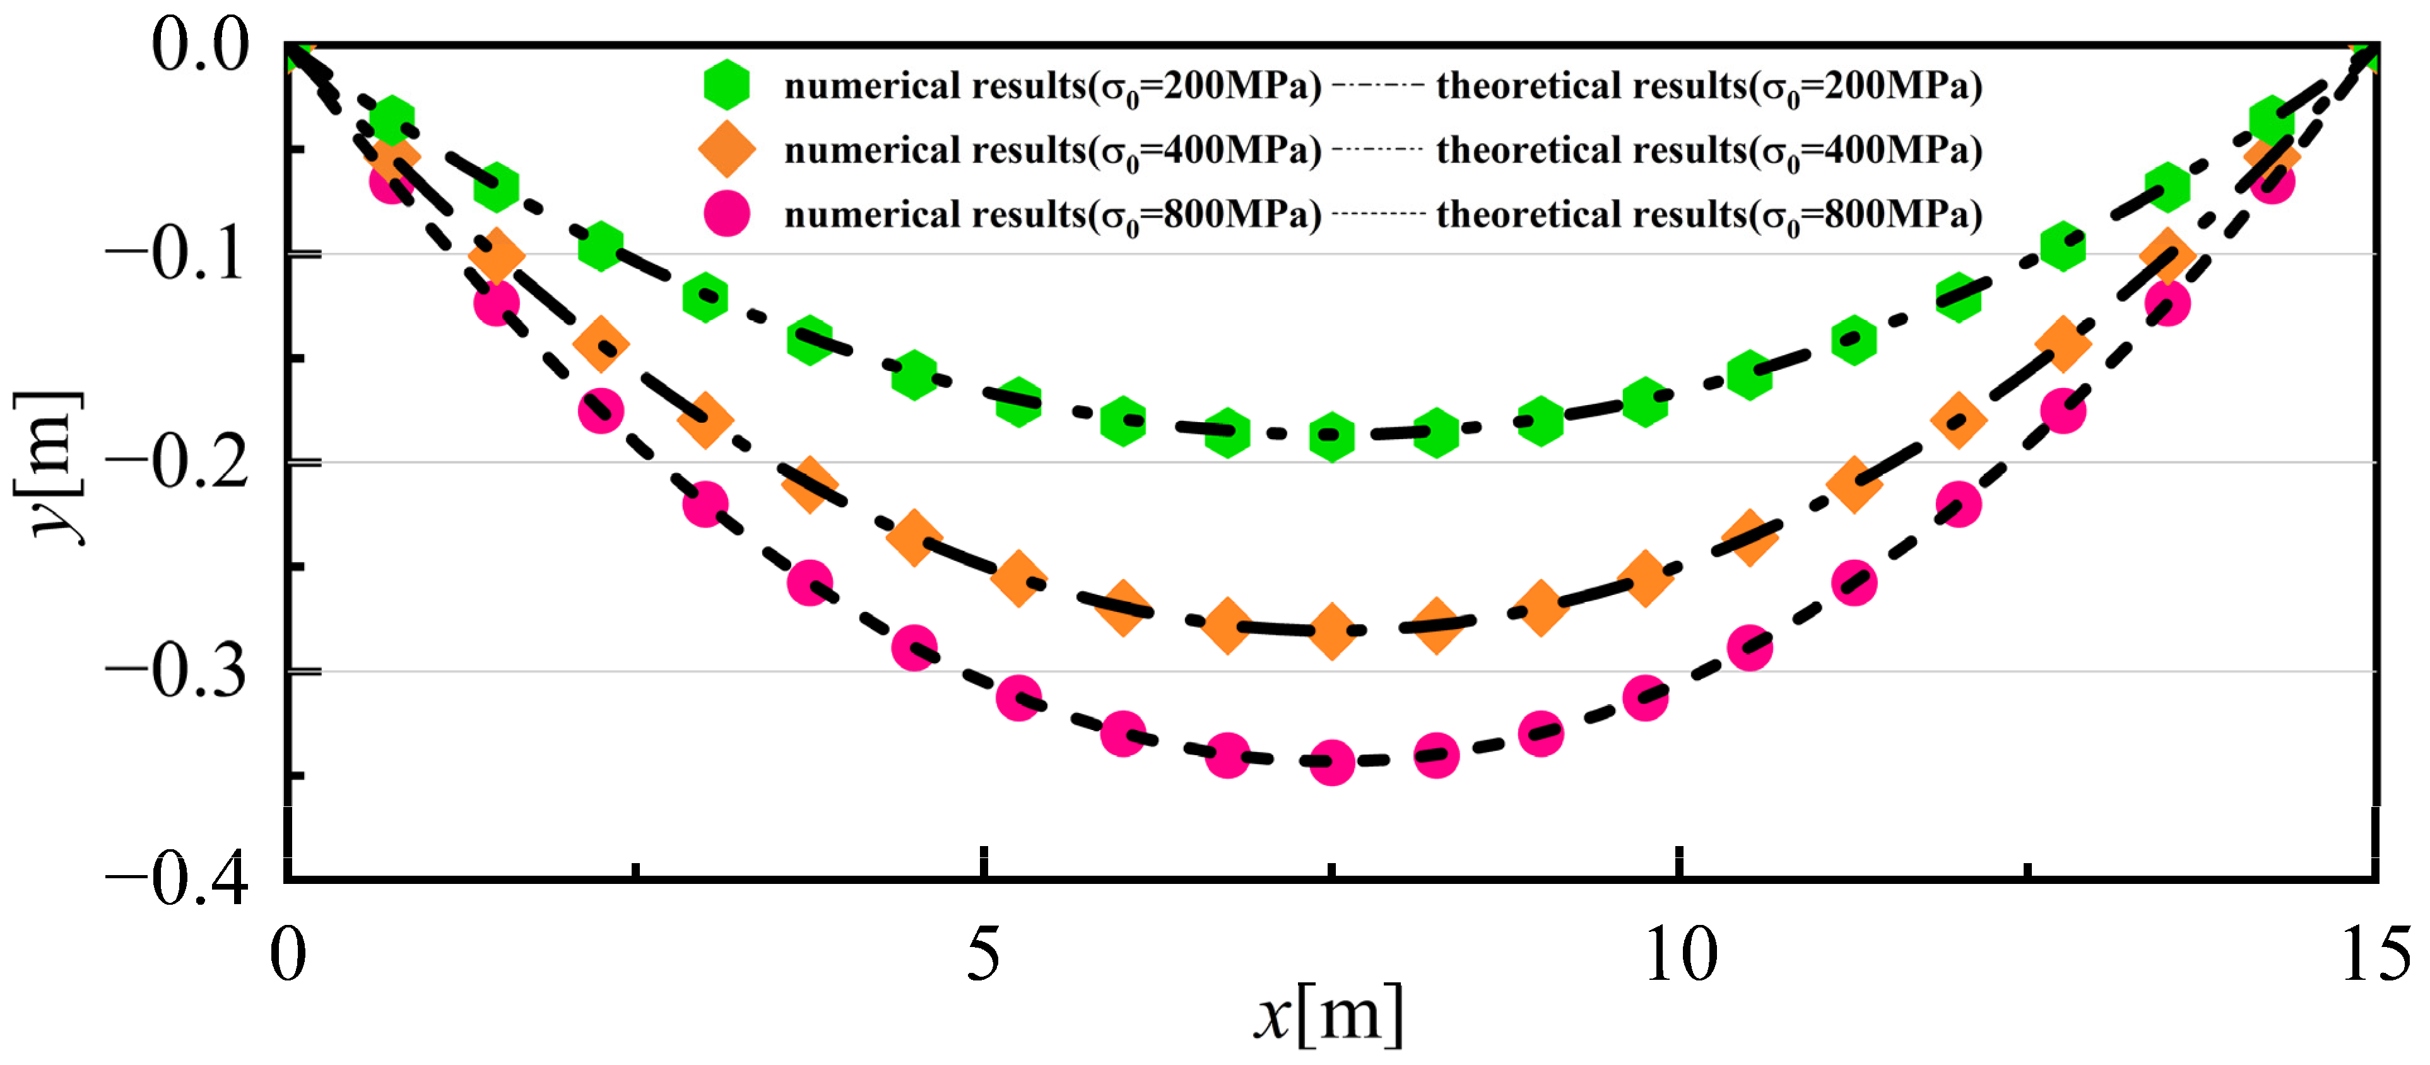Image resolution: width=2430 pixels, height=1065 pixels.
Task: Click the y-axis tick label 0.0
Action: (x=200, y=45)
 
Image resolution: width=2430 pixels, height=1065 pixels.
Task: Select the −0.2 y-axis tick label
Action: (x=177, y=462)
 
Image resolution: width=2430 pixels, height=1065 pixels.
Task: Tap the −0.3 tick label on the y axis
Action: (x=177, y=672)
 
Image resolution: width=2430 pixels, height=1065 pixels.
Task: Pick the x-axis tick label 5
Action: (x=983, y=954)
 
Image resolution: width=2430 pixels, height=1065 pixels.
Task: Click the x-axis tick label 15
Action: (x=2375, y=954)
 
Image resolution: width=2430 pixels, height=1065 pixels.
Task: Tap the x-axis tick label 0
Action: (x=288, y=954)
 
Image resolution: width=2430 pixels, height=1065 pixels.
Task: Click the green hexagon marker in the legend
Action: (x=726, y=85)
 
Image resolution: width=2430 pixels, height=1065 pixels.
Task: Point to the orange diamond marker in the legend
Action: (x=726, y=149)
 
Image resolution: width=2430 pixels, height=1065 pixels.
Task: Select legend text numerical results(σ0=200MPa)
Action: (x=1053, y=87)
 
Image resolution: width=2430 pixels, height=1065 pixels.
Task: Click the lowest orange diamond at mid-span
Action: (x=1331, y=631)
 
